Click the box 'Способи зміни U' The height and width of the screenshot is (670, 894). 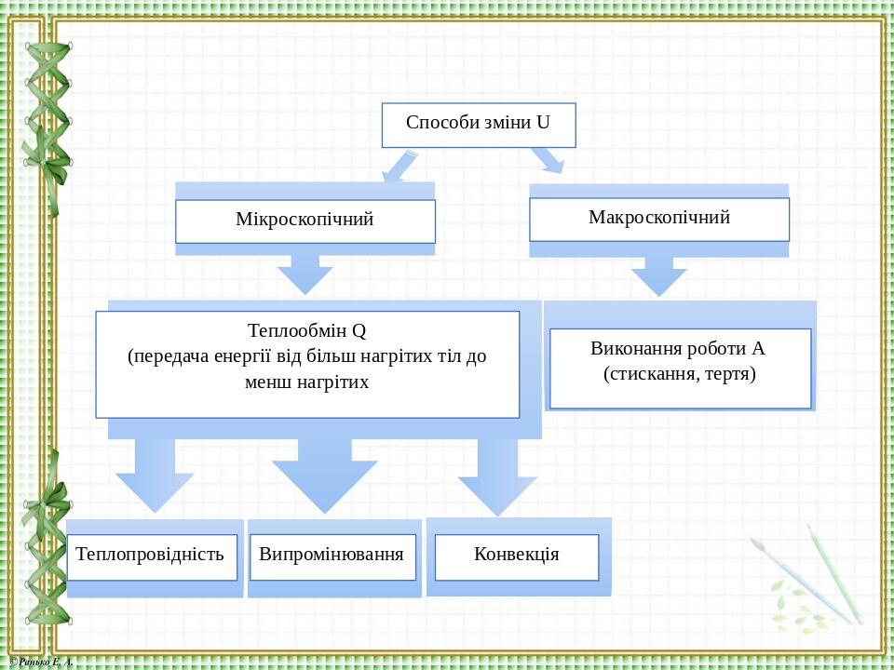[x=479, y=126]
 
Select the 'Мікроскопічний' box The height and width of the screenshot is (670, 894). [x=305, y=221]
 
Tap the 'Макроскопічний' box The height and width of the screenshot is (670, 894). [x=659, y=220]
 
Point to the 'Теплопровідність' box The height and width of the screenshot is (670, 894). [x=152, y=557]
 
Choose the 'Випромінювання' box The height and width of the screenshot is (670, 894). [x=333, y=557]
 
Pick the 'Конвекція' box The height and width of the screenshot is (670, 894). [x=517, y=557]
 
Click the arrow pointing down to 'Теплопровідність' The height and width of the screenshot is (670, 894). [x=155, y=476]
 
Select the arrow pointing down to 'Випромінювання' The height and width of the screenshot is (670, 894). [x=324, y=476]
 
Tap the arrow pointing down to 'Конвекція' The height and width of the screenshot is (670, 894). [x=497, y=477]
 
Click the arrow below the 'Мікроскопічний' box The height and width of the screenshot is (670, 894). [x=305, y=275]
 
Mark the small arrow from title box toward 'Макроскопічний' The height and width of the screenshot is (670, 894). [x=548, y=160]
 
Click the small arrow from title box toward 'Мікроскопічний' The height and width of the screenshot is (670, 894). [x=400, y=166]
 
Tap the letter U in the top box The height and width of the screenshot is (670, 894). [x=543, y=123]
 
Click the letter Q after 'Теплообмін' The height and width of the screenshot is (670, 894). [x=359, y=331]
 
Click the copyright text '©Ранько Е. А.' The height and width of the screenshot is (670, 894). [x=42, y=662]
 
